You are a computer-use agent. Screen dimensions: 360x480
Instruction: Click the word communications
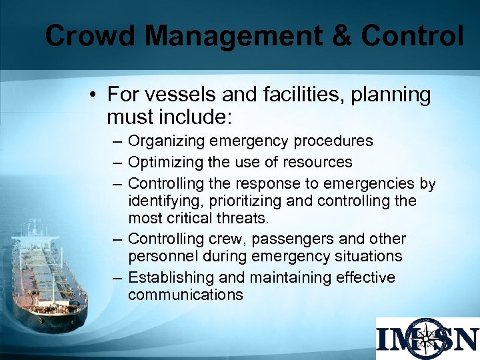[x=185, y=295]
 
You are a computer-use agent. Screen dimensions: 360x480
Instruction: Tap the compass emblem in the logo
[x=427, y=339]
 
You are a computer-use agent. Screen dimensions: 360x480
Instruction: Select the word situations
[x=370, y=257]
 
